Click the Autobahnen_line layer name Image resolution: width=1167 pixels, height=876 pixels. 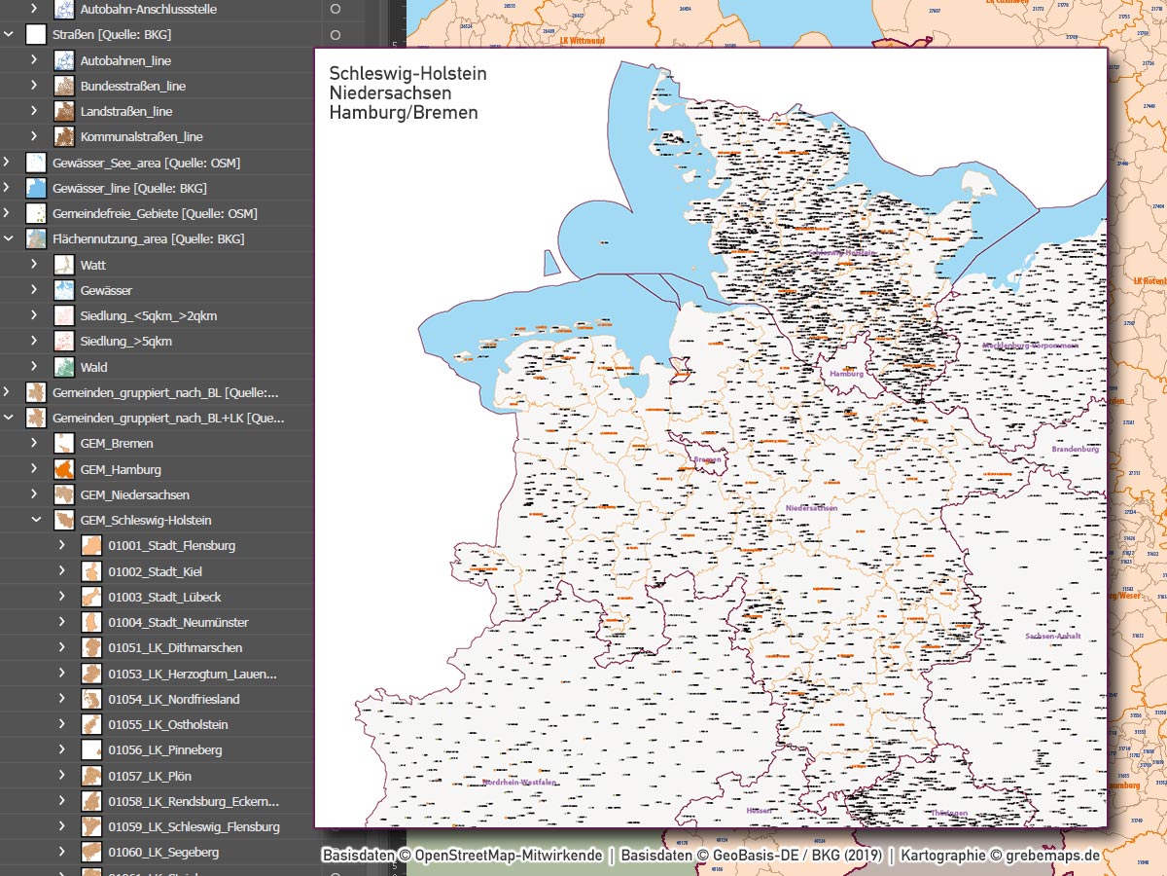[x=125, y=60]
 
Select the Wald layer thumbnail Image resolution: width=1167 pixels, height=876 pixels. [x=64, y=367]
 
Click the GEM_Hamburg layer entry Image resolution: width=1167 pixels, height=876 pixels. [x=121, y=469]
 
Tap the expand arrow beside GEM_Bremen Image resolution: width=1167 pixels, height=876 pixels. [x=34, y=443]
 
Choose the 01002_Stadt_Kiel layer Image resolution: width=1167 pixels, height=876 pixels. [x=155, y=571]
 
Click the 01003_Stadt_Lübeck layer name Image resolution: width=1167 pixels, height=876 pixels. [x=164, y=597]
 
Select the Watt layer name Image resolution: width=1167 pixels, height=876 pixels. [x=93, y=265]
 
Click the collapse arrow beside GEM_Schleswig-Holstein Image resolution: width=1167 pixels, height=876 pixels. [x=35, y=521]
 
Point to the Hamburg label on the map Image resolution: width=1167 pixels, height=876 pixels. [x=846, y=374]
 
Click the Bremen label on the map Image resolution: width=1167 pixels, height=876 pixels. [x=707, y=459]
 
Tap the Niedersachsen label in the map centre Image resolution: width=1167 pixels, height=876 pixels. [x=811, y=508]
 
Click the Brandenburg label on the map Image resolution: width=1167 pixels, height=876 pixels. [x=1075, y=450]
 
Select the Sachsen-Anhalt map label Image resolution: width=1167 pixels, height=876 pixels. [x=1052, y=637]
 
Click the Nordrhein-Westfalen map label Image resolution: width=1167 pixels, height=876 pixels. [x=520, y=782]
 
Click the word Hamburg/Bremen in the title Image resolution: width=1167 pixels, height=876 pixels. [x=403, y=113]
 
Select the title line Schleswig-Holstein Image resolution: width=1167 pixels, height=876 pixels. [x=407, y=74]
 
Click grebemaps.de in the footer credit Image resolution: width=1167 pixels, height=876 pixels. [x=1052, y=856]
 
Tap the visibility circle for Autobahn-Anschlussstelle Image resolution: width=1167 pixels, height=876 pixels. [x=336, y=9]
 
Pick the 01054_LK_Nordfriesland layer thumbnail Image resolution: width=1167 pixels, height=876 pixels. [x=91, y=699]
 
